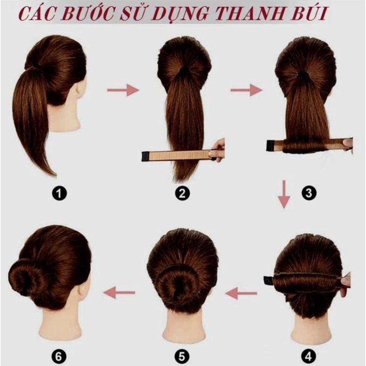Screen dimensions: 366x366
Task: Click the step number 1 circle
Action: (59, 194)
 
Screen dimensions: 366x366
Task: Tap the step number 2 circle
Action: (182, 194)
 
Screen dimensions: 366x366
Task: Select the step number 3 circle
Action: (309, 193)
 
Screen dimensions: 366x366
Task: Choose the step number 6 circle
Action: (59, 356)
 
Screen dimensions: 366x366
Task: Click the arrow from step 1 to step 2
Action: (123, 90)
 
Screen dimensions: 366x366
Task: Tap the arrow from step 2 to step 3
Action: (246, 90)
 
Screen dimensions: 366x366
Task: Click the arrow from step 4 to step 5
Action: (241, 293)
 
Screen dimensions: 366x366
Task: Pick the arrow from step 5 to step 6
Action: (119, 293)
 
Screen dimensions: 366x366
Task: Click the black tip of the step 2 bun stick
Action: (145, 156)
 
